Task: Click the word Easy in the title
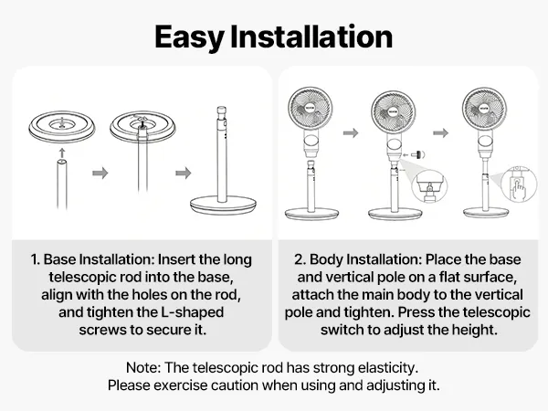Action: tap(189, 37)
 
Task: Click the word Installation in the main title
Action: tap(311, 37)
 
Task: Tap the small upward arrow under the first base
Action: tap(62, 153)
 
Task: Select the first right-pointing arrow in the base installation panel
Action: tap(100, 173)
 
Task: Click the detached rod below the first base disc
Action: tap(62, 184)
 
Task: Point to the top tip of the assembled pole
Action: tap(222, 107)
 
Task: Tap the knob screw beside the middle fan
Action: tap(419, 154)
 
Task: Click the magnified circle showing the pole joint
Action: tap(429, 185)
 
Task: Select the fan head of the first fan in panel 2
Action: tap(310, 108)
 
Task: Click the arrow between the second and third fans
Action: tap(441, 132)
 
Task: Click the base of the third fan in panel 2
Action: tap(486, 213)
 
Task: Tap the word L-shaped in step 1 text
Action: tap(192, 312)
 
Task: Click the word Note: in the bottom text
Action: tap(143, 368)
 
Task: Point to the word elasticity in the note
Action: tap(388, 368)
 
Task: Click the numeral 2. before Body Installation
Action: tap(300, 259)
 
